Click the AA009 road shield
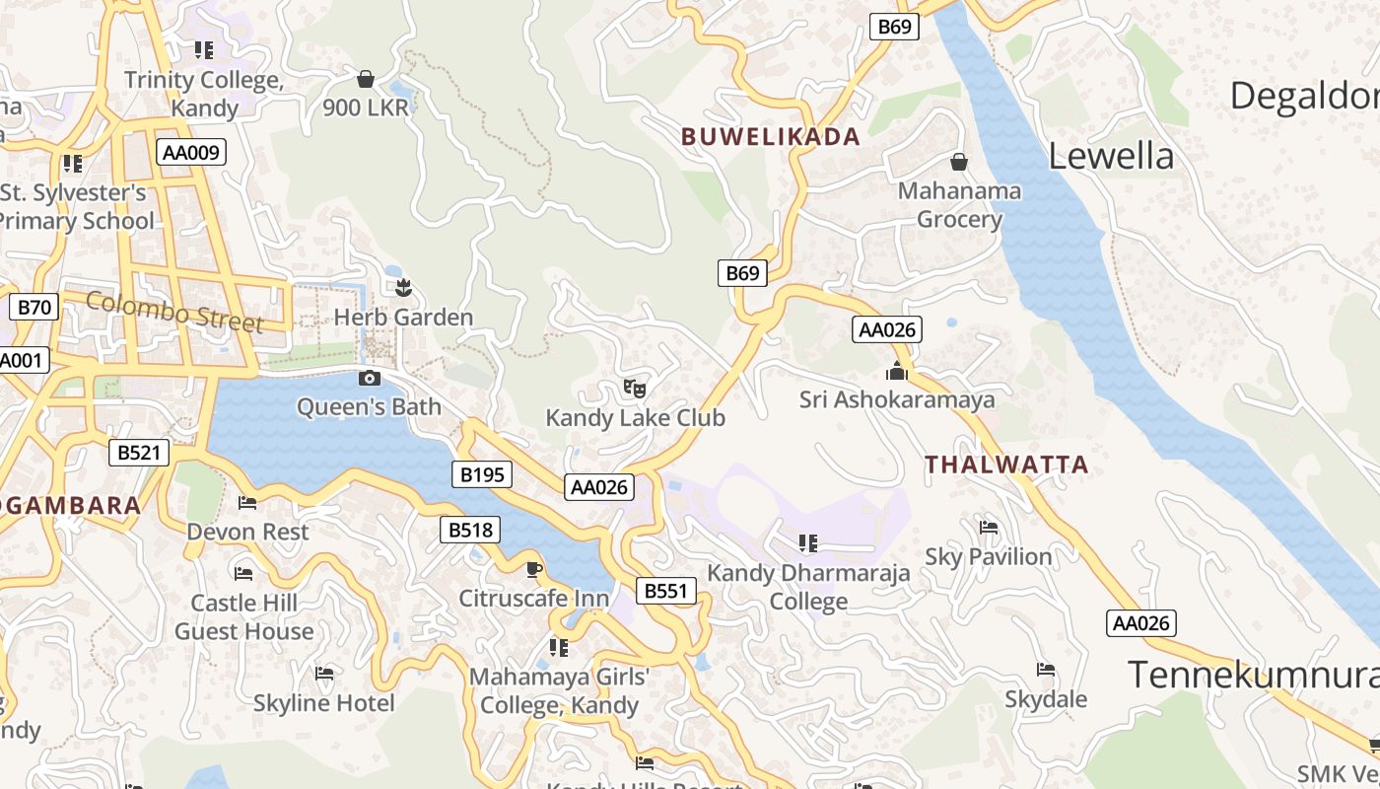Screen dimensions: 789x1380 191,152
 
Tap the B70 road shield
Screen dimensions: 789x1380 34,308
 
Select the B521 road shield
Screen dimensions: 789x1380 138,453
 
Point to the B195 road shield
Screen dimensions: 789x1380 482,474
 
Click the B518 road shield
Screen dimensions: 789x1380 470,530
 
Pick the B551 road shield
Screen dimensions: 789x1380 665,591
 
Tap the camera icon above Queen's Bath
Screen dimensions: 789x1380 369,378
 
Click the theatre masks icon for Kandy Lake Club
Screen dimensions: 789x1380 635,389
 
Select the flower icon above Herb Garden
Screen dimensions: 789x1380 402,288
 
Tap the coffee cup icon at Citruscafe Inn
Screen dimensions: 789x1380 533,569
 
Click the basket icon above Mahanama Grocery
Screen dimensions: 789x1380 958,162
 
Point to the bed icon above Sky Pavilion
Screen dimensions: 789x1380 989,528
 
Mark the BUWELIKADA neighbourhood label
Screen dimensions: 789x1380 771,137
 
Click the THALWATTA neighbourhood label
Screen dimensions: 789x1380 1006,465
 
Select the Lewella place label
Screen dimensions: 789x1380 1111,156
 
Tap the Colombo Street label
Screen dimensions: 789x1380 174,311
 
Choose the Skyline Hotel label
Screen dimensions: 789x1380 323,703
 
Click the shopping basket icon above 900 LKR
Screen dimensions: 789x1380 366,79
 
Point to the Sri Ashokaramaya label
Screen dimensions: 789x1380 896,399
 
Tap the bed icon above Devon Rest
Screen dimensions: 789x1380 247,503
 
